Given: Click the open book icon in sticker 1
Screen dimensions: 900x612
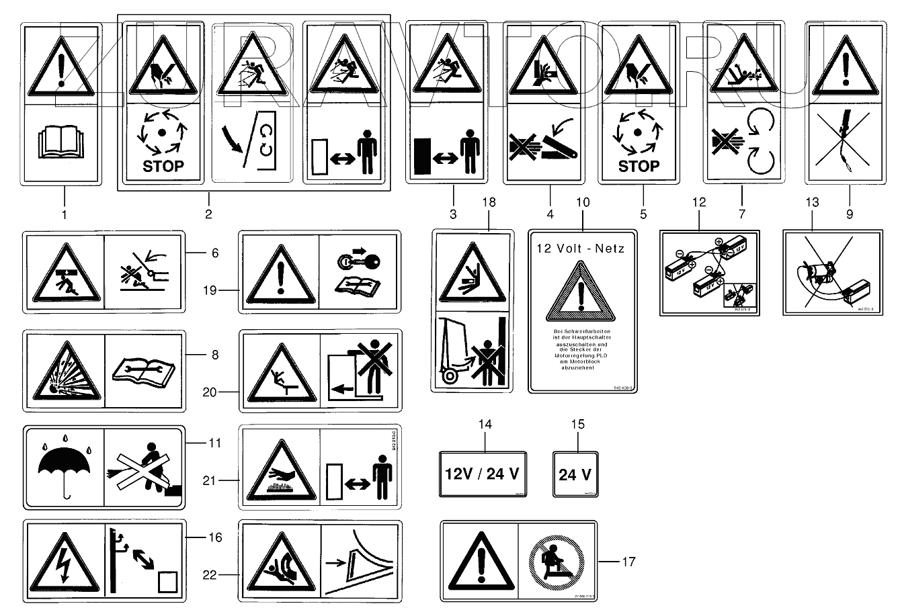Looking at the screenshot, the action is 61,143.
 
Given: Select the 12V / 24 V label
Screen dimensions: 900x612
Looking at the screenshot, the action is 482,474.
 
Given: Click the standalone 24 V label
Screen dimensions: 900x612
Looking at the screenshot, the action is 575,474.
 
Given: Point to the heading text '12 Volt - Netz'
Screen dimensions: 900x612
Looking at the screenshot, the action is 580,249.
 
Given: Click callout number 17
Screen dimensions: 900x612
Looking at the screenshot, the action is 628,562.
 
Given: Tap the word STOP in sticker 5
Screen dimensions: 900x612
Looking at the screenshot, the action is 638,166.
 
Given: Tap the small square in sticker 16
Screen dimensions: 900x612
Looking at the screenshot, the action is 167,581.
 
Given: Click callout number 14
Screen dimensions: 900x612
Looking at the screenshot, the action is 485,425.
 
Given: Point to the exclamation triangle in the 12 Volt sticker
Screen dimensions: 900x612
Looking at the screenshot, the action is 580,296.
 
